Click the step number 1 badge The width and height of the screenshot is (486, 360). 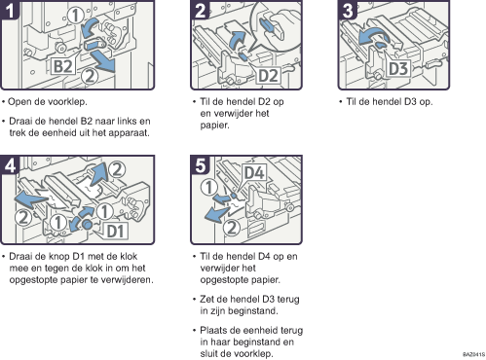pyautogui.click(x=9, y=10)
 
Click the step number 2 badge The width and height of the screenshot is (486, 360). pyautogui.click(x=201, y=10)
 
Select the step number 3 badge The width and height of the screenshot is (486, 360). pyautogui.click(x=348, y=10)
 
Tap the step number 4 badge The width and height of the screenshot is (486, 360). pyautogui.click(x=9, y=165)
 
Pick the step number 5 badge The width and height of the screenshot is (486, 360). pyautogui.click(x=201, y=165)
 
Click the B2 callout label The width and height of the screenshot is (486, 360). pyautogui.click(x=62, y=66)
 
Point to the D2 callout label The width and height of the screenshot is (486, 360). pyautogui.click(x=268, y=76)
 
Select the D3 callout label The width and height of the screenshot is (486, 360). pyautogui.click(x=398, y=68)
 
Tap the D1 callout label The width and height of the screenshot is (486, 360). pyautogui.click(x=116, y=231)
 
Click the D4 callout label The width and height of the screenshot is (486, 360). pyautogui.click(x=254, y=172)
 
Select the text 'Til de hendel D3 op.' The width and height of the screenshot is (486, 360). pyautogui.click(x=390, y=102)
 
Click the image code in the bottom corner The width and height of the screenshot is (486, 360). pyautogui.click(x=473, y=354)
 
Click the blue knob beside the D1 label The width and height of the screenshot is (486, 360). pyautogui.click(x=87, y=224)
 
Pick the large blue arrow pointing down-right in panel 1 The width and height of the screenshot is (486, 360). pyautogui.click(x=103, y=61)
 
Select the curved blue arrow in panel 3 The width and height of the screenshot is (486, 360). pyautogui.click(x=372, y=36)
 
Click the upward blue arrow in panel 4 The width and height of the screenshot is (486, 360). pyautogui.click(x=98, y=175)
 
